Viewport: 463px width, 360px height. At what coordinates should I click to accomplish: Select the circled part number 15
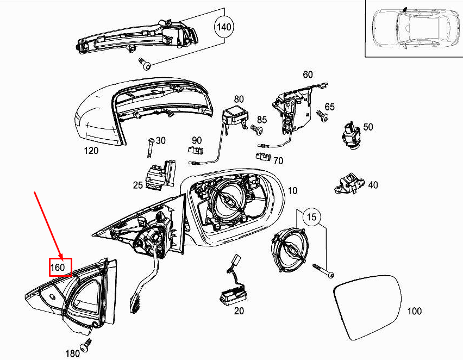(x=310, y=217)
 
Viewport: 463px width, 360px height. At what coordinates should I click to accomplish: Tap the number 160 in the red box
(x=58, y=268)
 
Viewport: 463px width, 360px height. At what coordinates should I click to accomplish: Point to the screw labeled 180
(x=86, y=345)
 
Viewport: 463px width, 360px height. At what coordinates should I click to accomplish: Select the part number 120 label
(x=91, y=151)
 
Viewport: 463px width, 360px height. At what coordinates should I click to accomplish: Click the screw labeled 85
(x=258, y=130)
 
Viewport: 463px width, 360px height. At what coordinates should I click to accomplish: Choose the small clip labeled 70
(x=263, y=157)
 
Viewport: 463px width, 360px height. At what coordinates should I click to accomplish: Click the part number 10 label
(x=292, y=191)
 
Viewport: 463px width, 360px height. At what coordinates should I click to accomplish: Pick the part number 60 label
(x=308, y=75)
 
